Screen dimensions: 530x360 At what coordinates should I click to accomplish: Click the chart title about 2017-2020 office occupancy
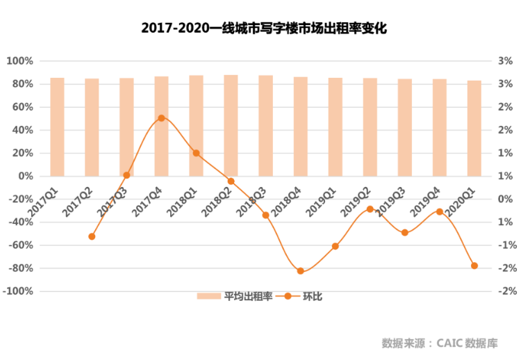(x=264, y=28)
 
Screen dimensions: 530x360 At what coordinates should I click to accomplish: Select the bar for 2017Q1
(x=57, y=127)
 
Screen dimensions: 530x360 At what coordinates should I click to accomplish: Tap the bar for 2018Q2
(x=231, y=126)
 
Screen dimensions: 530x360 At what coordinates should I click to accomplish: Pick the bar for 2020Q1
(x=474, y=129)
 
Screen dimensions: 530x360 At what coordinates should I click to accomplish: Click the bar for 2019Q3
(x=404, y=128)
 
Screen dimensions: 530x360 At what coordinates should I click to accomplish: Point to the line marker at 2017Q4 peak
(x=161, y=118)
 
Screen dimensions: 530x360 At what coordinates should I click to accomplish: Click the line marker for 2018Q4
(x=301, y=271)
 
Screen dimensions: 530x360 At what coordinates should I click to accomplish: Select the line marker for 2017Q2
(x=92, y=236)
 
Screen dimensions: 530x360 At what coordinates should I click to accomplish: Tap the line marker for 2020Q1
(x=474, y=265)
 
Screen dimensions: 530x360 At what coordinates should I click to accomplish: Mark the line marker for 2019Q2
(x=370, y=209)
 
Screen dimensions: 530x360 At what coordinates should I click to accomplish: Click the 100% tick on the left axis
(x=19, y=61)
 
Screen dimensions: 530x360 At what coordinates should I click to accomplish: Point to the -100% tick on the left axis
(x=18, y=291)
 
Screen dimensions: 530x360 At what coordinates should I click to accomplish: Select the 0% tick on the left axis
(x=26, y=176)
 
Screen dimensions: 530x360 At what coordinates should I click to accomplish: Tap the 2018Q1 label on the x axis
(x=182, y=202)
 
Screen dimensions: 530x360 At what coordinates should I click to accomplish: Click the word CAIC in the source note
(x=449, y=343)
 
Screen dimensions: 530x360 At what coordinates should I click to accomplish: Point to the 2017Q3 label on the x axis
(x=113, y=202)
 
